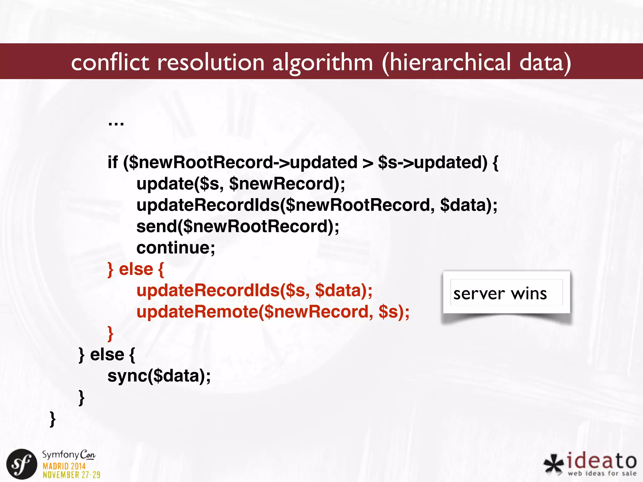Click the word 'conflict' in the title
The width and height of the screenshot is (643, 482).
tap(110, 62)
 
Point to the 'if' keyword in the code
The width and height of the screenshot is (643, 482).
tap(112, 162)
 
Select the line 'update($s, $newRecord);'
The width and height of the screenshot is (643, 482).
tap(240, 184)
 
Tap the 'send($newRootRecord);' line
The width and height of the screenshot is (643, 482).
tap(238, 227)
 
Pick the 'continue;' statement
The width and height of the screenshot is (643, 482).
tap(176, 248)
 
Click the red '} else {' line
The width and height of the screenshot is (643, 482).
tap(136, 269)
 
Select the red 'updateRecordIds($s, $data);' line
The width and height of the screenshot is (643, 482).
tap(254, 291)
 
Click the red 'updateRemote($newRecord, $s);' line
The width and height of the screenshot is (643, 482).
tap(273, 312)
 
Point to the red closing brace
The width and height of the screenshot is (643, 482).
tap(110, 333)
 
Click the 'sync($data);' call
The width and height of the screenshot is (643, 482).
tap(159, 376)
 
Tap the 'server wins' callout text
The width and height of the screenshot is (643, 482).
tap(500, 294)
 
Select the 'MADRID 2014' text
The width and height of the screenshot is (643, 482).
tap(64, 466)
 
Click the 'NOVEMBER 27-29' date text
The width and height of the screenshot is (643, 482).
tap(72, 475)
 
